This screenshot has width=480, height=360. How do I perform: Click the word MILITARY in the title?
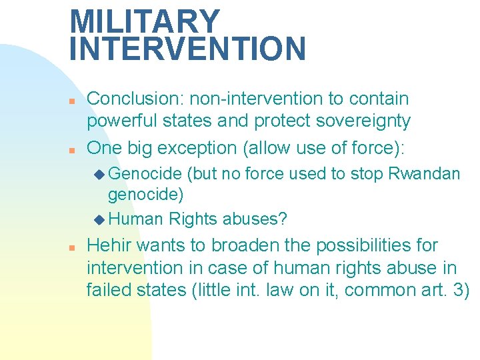tap(145, 21)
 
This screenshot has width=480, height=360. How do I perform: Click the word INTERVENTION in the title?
tap(187, 49)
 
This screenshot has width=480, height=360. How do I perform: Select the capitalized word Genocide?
tap(145, 174)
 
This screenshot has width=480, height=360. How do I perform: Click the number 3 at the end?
tap(459, 291)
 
